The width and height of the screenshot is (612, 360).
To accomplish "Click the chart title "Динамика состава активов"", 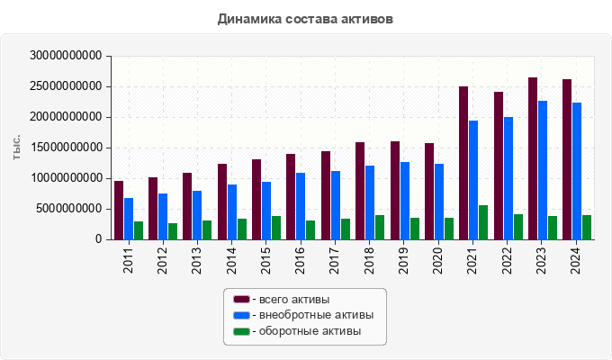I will (305, 18).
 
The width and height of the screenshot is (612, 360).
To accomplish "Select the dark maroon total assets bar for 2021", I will (463, 163).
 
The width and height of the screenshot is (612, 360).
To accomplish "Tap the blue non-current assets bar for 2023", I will (543, 170).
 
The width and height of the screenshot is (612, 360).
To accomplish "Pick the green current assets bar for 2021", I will (483, 222).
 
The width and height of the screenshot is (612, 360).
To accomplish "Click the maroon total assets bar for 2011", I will (119, 210).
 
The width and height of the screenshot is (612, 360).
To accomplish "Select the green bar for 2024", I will (587, 227).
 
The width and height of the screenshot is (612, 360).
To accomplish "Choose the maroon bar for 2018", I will (360, 191).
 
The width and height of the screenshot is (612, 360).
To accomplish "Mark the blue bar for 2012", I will (163, 216).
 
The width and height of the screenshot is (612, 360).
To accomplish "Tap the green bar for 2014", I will (242, 229).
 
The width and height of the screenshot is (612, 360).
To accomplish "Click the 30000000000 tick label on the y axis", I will (66, 56).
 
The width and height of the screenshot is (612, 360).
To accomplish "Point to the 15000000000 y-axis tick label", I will (66, 148).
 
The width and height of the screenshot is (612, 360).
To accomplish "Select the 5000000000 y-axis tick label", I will (69, 209).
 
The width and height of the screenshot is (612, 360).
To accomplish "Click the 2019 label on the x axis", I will (405, 257).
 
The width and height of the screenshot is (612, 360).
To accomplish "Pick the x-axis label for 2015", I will (267, 257).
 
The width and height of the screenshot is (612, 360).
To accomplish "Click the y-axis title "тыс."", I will (17, 148).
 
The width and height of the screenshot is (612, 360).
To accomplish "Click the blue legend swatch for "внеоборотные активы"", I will (241, 315).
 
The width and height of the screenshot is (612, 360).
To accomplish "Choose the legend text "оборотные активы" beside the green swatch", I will (310, 331).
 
